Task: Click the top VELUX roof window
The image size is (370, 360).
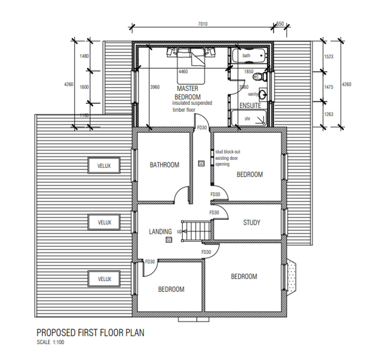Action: tap(104, 166)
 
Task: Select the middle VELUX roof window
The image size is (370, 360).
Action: tap(104, 222)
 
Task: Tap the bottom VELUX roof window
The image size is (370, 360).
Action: tap(104, 279)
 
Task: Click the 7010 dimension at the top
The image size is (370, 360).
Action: tap(203, 24)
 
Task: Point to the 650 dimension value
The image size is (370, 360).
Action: tap(280, 24)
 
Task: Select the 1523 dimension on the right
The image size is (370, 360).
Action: tap(328, 56)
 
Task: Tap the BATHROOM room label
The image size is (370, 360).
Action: tap(164, 165)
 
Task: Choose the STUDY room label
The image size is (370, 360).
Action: tap(251, 223)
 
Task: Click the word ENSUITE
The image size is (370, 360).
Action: tap(250, 106)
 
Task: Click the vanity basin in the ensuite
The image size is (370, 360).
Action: tap(262, 95)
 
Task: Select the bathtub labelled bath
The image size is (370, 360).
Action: tap(249, 56)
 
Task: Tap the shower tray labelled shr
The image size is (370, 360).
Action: tap(249, 118)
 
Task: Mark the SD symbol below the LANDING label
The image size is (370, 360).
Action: tap(169, 240)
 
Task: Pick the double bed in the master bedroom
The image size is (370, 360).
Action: tap(191, 65)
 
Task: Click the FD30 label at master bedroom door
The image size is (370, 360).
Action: tap(202, 128)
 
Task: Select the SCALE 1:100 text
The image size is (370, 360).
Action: tap(50, 342)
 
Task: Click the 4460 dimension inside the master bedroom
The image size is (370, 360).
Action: tap(183, 72)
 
